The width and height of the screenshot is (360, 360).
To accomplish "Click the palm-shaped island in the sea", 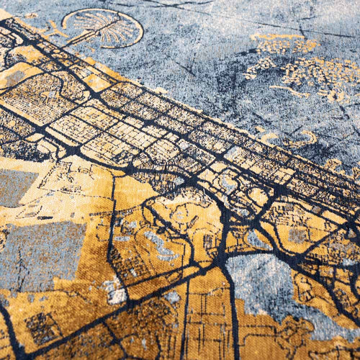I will point(108,27).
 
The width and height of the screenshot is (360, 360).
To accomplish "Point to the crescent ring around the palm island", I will point(133,22).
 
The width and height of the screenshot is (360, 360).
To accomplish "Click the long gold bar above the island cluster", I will point(284,43).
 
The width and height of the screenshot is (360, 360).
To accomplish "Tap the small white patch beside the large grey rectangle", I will point(115,292).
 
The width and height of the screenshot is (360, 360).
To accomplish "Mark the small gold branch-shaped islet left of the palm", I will point(54,29).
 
